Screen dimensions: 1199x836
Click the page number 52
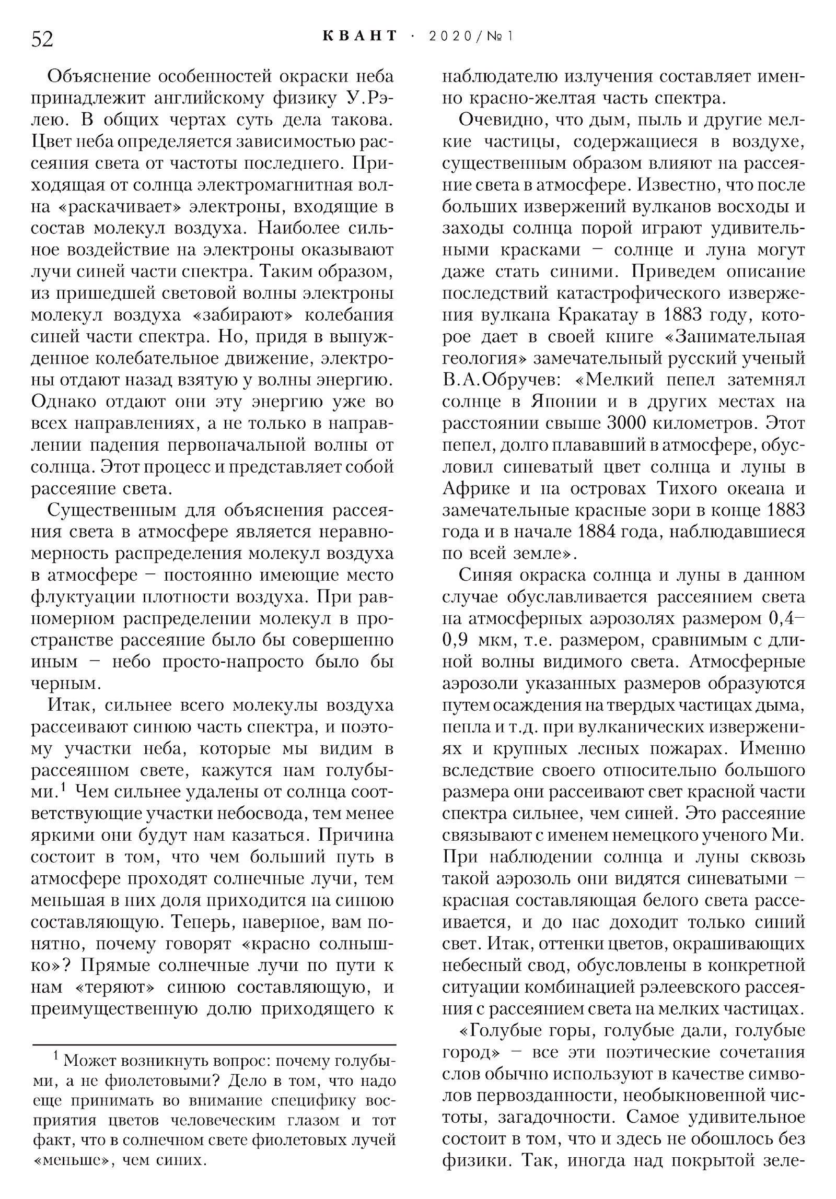click(x=42, y=39)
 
